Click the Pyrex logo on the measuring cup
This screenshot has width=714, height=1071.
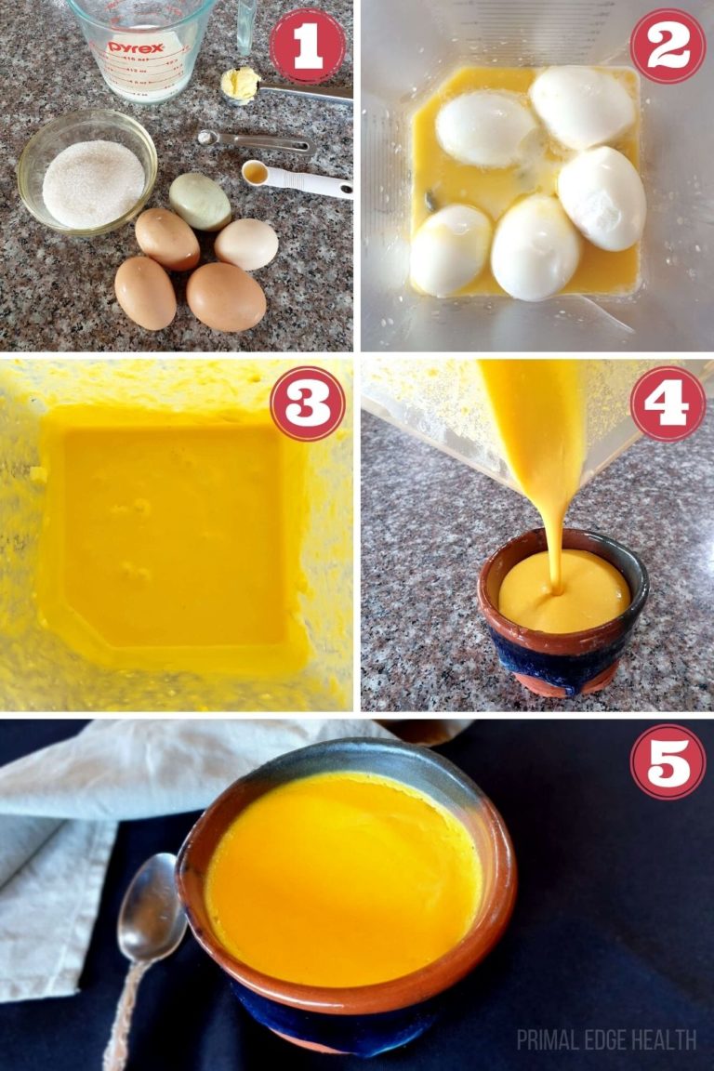(136, 46)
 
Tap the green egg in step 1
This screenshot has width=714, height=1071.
(200, 201)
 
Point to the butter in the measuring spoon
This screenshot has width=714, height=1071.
(240, 84)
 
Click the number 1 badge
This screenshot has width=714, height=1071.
(307, 46)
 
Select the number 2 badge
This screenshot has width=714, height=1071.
(667, 46)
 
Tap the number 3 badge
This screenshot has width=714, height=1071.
(307, 403)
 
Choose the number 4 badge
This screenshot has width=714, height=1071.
(667, 403)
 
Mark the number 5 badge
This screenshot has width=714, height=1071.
(667, 761)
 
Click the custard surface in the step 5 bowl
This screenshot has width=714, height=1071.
(344, 874)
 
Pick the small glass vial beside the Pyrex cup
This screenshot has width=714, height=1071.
(245, 25)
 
